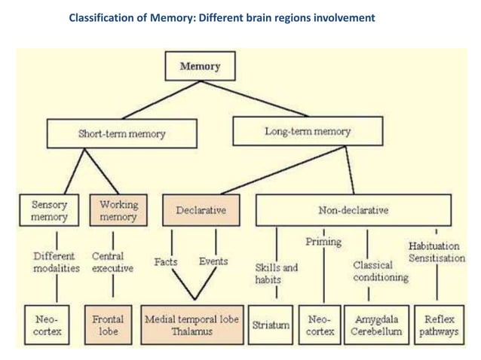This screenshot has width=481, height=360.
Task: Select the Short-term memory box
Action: (122, 135)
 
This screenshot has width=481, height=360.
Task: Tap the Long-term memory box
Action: (308, 132)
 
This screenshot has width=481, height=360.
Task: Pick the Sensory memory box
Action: (50, 211)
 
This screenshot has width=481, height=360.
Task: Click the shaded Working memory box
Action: (119, 211)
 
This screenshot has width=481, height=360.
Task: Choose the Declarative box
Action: (201, 211)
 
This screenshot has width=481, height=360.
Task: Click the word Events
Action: (213, 262)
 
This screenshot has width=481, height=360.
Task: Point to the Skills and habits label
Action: (276, 273)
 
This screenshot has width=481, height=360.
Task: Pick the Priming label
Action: (323, 242)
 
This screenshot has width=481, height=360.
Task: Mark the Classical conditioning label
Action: (380, 271)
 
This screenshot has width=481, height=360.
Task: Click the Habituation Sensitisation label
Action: (437, 252)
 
